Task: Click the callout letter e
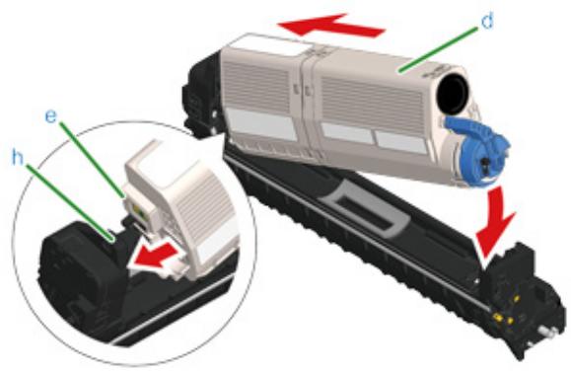(x=53, y=118)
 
